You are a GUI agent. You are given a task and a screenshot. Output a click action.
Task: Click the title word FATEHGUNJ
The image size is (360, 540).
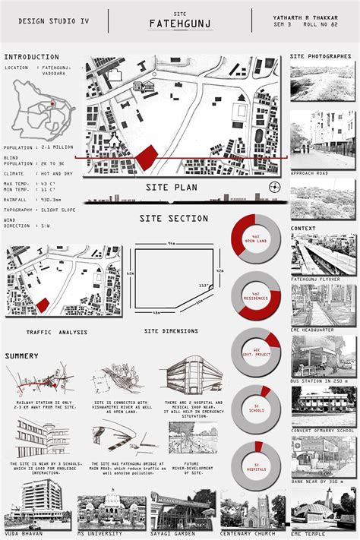point(180,24)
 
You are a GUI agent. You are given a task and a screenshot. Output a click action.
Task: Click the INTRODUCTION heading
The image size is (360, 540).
point(32,57)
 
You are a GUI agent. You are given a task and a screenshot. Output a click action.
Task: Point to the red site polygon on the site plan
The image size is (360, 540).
point(145,158)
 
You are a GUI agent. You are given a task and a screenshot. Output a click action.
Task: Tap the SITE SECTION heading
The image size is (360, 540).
point(173,219)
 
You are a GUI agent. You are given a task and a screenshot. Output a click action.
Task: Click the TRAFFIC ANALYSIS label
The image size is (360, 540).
point(57,332)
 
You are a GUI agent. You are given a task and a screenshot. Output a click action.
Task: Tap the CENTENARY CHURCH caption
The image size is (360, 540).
point(246,535)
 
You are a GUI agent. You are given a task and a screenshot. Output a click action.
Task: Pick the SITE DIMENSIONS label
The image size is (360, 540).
point(171,331)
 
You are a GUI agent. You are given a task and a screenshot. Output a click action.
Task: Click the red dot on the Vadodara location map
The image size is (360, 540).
point(52,103)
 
